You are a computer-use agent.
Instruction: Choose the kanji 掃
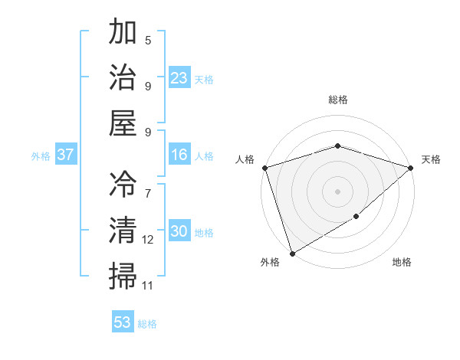[x=123, y=275]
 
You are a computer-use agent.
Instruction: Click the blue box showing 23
[x=179, y=78]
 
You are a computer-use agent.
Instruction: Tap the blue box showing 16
[x=179, y=155]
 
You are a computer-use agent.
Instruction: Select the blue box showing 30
[x=179, y=232]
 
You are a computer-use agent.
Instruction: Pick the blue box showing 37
[x=66, y=155]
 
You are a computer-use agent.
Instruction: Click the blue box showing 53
[x=123, y=322]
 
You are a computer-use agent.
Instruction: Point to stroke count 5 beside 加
[x=148, y=41]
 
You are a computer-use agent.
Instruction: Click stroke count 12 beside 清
[x=148, y=240]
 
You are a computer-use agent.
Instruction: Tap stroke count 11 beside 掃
[x=148, y=286]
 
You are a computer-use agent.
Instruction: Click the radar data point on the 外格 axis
[x=292, y=253]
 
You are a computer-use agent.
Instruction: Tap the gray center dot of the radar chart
[x=337, y=191]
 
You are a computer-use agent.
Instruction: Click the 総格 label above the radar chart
[x=337, y=100]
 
